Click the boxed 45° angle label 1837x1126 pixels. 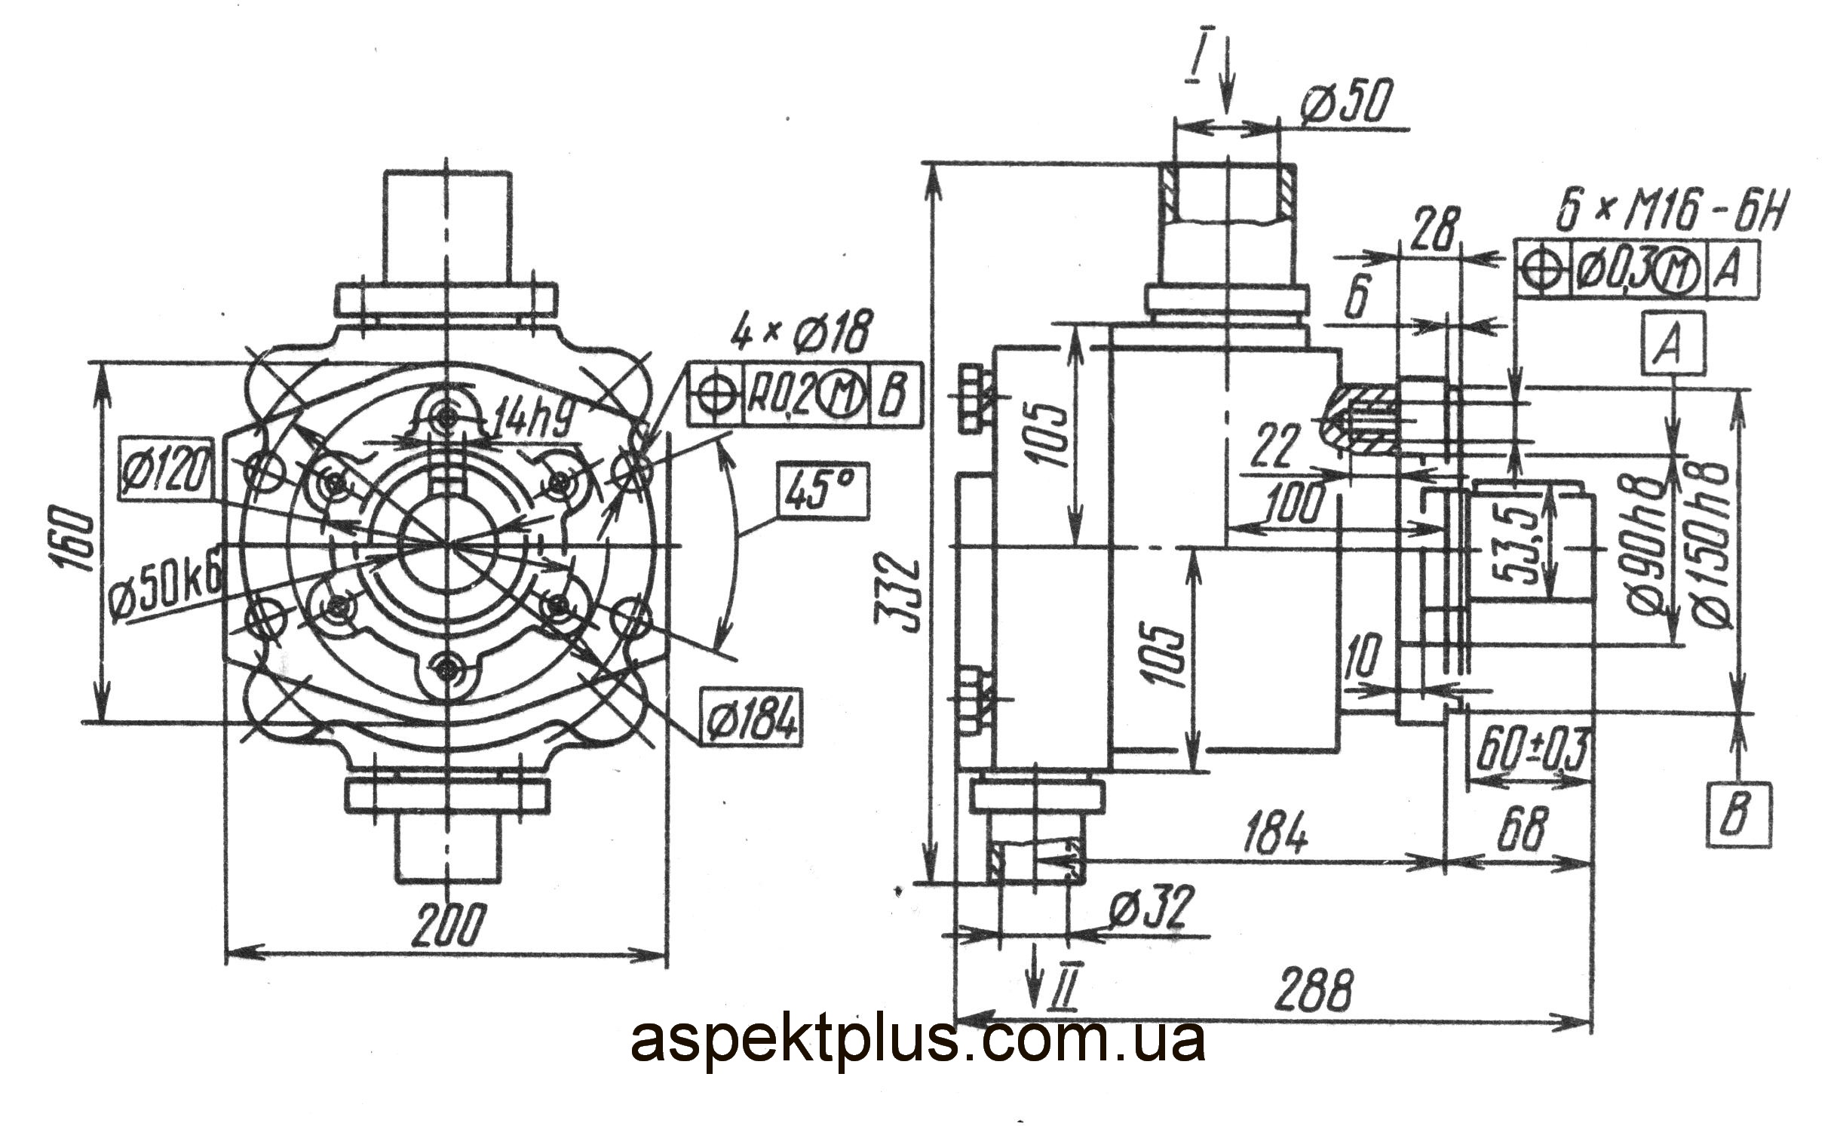coord(823,490)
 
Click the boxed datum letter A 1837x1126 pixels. coord(1672,346)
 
